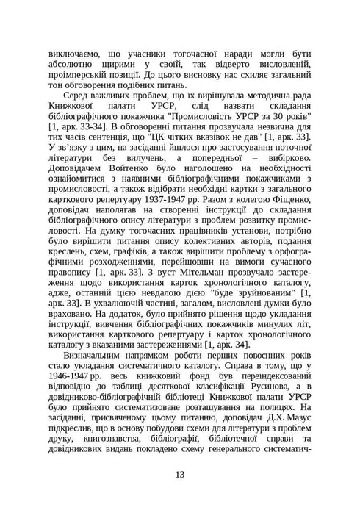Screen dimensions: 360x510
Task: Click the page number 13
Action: click(x=180, y=473)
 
